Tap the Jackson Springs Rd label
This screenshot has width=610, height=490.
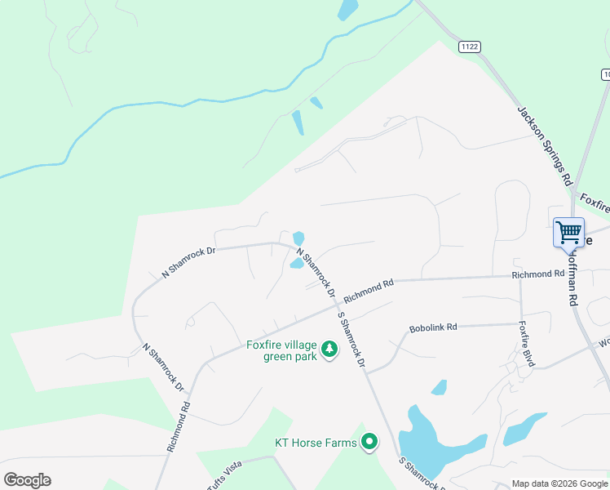[x=543, y=145]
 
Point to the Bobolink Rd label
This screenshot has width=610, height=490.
[x=433, y=327]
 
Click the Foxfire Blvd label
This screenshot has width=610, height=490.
[x=526, y=343]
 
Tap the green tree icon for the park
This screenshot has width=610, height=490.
[x=329, y=350]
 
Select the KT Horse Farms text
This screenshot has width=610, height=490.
[x=315, y=443]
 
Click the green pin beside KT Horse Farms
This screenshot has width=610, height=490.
[x=369, y=443]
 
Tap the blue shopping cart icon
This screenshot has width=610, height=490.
[x=568, y=231]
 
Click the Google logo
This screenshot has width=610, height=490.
[x=27, y=480]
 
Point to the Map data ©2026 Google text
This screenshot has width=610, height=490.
[x=559, y=483]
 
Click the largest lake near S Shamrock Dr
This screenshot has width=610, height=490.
[x=427, y=445]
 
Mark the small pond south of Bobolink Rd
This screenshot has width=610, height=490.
[x=439, y=386]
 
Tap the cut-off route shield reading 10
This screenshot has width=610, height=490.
[x=606, y=74]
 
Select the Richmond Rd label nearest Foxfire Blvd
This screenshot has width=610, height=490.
[x=538, y=274]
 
